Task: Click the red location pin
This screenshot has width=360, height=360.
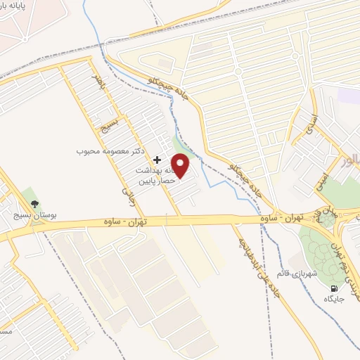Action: pos(181,166)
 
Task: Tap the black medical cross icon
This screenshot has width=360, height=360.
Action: pos(157,160)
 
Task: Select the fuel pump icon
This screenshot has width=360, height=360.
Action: pos(333,288)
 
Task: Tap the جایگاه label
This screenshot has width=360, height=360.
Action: pos(333,299)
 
